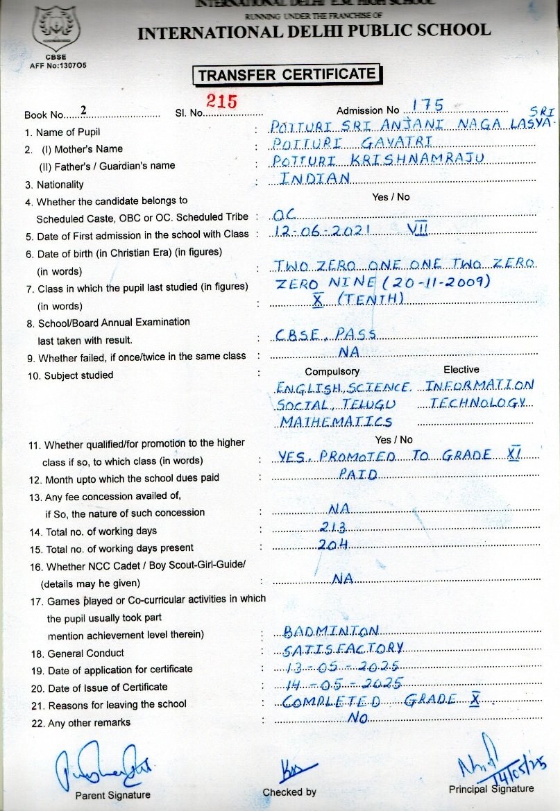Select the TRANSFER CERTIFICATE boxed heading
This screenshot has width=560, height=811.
point(287,74)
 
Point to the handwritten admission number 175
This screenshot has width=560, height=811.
point(427,105)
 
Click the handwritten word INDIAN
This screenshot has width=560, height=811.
point(314,178)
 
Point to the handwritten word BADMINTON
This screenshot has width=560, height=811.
point(331,631)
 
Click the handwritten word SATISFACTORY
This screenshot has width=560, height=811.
point(344,648)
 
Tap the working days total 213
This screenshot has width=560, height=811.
point(334,527)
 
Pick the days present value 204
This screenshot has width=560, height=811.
point(333,545)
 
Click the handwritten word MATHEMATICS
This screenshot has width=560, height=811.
point(336,421)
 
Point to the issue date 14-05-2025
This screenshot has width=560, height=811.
point(343,683)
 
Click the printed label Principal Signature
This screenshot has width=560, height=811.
point(491,789)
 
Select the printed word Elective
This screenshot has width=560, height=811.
point(461,370)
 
